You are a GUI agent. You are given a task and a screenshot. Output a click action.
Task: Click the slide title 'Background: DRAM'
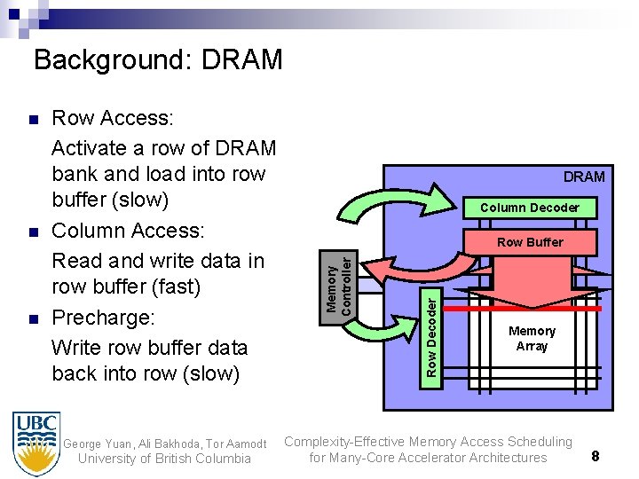(158, 60)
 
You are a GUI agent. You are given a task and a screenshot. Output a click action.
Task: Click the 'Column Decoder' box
(530, 208)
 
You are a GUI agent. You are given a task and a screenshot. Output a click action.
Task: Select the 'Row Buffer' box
(530, 241)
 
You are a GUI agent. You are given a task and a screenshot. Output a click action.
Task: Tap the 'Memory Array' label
(532, 338)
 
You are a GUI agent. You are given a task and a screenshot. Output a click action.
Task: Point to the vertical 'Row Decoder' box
(430, 334)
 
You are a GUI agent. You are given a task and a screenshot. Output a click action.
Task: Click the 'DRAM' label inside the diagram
(584, 177)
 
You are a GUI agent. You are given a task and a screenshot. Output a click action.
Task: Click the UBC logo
(37, 444)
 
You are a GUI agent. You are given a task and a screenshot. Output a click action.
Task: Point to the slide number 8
(596, 456)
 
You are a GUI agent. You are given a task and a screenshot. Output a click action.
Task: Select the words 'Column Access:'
(129, 232)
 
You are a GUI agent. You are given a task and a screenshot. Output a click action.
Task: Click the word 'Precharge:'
(103, 317)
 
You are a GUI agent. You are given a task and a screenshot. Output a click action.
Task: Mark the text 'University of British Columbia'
(164, 459)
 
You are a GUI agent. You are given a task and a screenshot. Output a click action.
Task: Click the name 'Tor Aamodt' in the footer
(233, 443)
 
